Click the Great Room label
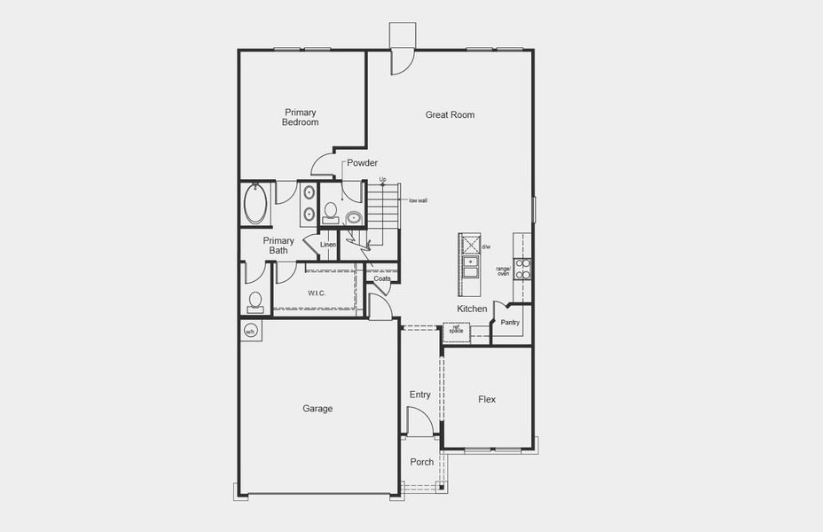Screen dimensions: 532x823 pyautogui.click(x=450, y=114)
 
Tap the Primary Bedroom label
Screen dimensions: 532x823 pyautogui.click(x=300, y=117)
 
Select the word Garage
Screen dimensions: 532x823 pyautogui.click(x=317, y=409)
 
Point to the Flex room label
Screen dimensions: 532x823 pyautogui.click(x=487, y=400)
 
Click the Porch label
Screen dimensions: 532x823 pyautogui.click(x=422, y=462)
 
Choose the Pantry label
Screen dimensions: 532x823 pyautogui.click(x=510, y=323)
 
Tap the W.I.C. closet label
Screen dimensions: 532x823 pyautogui.click(x=317, y=293)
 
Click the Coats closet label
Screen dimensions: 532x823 pyautogui.click(x=382, y=278)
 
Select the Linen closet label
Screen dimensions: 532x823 pyautogui.click(x=328, y=245)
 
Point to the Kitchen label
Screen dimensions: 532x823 pyautogui.click(x=472, y=309)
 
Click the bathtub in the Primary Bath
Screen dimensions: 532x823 pyautogui.click(x=255, y=204)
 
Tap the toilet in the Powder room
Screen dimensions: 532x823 pyautogui.click(x=331, y=211)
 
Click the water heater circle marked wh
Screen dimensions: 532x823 pyautogui.click(x=250, y=332)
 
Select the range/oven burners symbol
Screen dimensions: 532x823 pyautogui.click(x=523, y=269)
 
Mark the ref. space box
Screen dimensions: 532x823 pyautogui.click(x=456, y=330)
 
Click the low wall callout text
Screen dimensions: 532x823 pyautogui.click(x=418, y=200)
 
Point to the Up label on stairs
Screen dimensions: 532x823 pyautogui.click(x=383, y=180)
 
